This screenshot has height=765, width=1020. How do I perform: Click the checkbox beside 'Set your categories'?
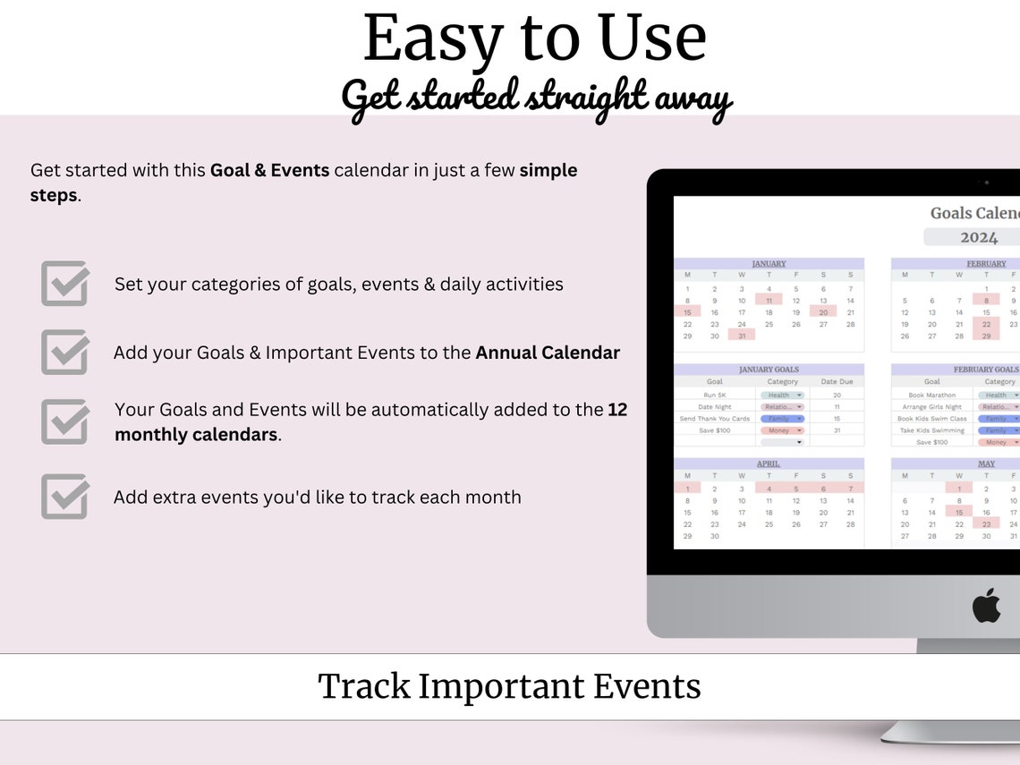tap(64, 284)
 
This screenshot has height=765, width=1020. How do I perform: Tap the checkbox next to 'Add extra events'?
tap(64, 497)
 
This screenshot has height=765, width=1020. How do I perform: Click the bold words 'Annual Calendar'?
tap(548, 353)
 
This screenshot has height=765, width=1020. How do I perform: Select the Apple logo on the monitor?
tap(986, 606)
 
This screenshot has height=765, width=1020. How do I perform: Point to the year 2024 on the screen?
tap(978, 237)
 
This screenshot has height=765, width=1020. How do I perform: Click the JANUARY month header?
tap(769, 264)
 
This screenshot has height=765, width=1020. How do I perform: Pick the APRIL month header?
tap(769, 464)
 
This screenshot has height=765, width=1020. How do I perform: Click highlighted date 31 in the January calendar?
tap(742, 336)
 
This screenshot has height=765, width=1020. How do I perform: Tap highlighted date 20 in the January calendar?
tap(822, 312)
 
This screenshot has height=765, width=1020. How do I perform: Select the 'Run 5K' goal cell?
tap(715, 395)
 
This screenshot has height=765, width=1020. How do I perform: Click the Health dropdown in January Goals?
tap(782, 395)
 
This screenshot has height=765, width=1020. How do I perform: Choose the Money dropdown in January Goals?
tap(782, 430)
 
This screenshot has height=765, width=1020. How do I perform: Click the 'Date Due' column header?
tap(837, 382)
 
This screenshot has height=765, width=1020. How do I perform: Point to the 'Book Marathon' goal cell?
tap(931, 395)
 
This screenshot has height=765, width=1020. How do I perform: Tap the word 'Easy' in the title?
tap(433, 38)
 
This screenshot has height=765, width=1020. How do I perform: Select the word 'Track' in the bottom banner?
tap(363, 686)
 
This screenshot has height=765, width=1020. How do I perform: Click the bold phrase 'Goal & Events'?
tap(269, 170)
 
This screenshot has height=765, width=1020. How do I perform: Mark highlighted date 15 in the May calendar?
tap(958, 513)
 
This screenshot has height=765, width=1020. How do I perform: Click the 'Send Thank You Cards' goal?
tap(715, 419)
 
